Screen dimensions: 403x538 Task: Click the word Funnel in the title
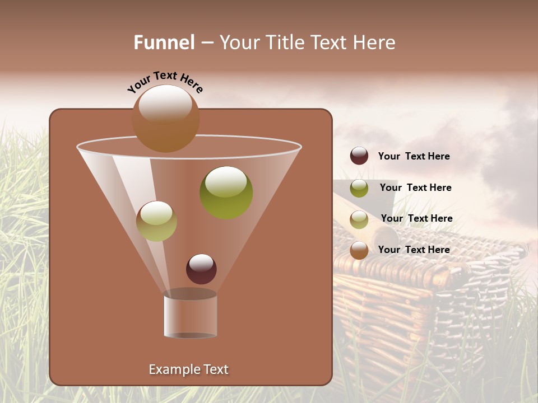[x=164, y=43]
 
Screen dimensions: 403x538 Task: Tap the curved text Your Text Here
[x=165, y=81]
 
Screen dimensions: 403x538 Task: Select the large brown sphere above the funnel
[x=166, y=118]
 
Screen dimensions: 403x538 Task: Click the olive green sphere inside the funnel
[x=226, y=192]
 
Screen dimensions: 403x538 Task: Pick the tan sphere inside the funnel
[x=156, y=221]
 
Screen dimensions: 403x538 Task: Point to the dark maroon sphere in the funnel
[x=201, y=269]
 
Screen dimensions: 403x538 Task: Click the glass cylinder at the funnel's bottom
[x=191, y=316]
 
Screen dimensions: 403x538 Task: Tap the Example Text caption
[x=189, y=369]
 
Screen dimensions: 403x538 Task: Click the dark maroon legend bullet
[x=359, y=156]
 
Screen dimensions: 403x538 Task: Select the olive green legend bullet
[x=359, y=188]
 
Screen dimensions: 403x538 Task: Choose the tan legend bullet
[x=359, y=219]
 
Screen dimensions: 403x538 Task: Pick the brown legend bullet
[x=359, y=250]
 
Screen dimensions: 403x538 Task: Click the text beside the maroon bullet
[x=414, y=156]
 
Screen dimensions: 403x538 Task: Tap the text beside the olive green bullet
[x=415, y=188]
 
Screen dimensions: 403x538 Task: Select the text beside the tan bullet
[x=416, y=218]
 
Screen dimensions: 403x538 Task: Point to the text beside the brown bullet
[x=414, y=250]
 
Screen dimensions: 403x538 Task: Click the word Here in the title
[x=375, y=43]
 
